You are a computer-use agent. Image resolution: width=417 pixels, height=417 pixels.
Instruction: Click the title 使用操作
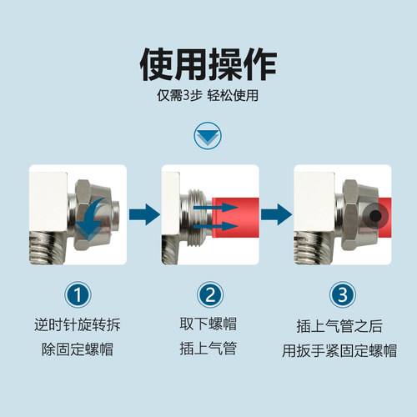[208, 63]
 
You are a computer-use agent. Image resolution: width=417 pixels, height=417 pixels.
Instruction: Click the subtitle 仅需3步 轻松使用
[208, 95]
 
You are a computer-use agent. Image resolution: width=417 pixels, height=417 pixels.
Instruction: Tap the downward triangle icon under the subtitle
[208, 135]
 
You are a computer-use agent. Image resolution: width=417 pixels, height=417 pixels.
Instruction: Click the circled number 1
[77, 295]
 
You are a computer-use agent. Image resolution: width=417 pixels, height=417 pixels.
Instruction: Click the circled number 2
[208, 295]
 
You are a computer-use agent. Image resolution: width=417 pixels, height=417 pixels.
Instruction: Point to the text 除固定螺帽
[77, 348]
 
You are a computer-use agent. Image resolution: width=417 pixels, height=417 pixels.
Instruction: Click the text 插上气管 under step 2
[208, 348]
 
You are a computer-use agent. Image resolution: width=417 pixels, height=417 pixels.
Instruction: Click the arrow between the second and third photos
[274, 216]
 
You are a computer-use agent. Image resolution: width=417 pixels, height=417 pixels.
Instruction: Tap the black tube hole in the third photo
[376, 215]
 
